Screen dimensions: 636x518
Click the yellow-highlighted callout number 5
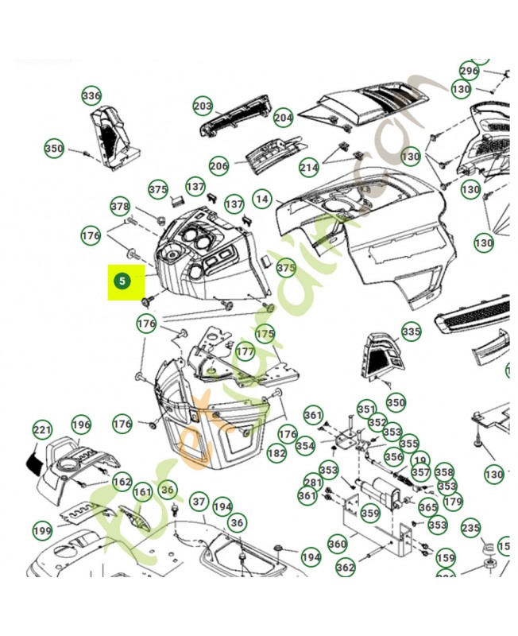point(121,281)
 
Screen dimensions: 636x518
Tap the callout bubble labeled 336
point(91,97)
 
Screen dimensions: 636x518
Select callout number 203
point(203,106)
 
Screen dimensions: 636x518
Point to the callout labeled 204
point(284,118)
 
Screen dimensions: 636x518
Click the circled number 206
point(219,166)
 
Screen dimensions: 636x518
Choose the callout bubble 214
point(309,168)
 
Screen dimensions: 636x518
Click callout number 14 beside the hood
point(262,198)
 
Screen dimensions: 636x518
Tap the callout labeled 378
point(120,206)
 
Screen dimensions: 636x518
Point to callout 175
point(265,334)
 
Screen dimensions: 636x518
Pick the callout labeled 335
point(411,331)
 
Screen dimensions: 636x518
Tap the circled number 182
point(276,453)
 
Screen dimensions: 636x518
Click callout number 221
point(42,430)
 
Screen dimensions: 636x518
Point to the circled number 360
point(338,544)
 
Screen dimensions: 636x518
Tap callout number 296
point(470,71)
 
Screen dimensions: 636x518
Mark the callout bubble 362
point(346,568)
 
